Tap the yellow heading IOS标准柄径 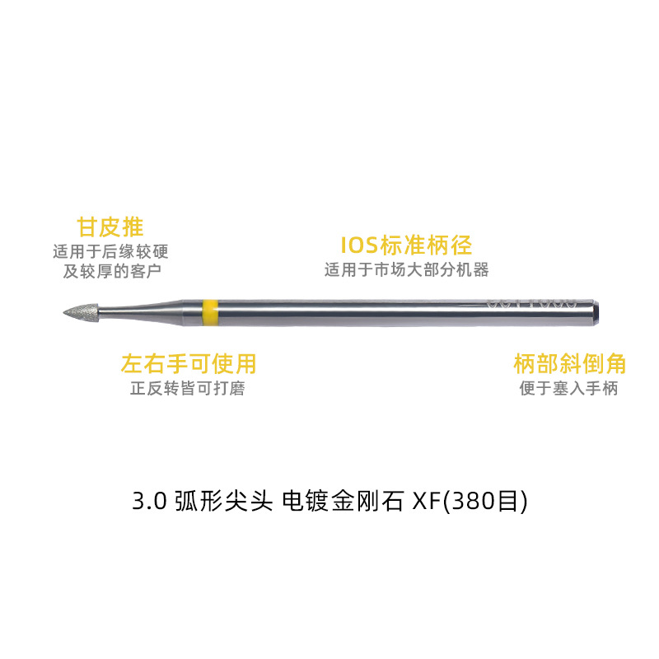pos(406,245)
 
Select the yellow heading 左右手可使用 pos(188,363)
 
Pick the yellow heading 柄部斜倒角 pos(569,363)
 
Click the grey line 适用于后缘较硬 pos(110,251)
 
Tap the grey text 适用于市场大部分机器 pos(406,269)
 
